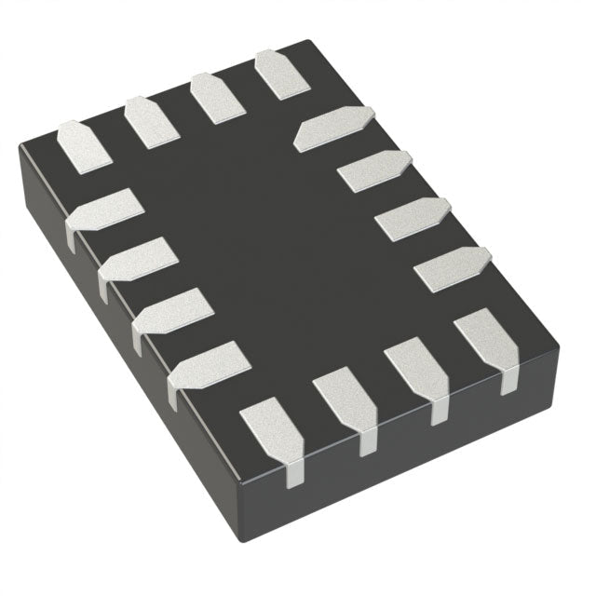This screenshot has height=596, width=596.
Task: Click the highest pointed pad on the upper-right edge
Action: pos(335,128)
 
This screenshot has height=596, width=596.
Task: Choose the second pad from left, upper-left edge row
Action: pos(152,121)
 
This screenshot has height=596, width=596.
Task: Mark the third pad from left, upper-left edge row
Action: pos(217,97)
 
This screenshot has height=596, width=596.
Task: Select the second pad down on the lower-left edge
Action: pos(139,258)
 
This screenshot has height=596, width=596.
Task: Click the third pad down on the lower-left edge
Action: pos(174,309)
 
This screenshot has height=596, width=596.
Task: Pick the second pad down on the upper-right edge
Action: pos(374,170)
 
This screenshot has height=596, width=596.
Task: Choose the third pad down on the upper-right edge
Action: pos(413,218)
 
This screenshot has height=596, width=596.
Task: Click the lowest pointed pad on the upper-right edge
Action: pos(453,269)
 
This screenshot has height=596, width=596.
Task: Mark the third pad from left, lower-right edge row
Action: pos(417,369)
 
